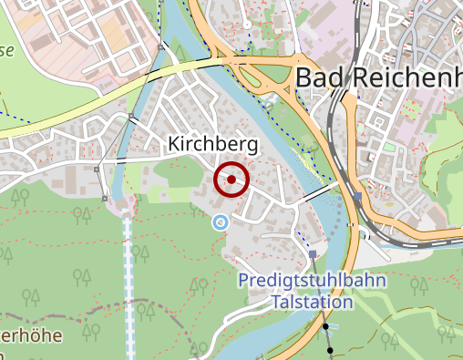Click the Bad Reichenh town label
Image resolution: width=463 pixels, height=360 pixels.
click(378, 78)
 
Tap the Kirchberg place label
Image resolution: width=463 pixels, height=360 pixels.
click(213, 145)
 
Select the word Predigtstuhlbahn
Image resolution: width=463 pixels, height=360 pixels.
click(313, 281)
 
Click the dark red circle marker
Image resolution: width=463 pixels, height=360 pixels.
click(231, 180)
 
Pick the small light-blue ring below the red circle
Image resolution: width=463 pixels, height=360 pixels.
click(219, 221)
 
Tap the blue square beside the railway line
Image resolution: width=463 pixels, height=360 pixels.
click(357, 196)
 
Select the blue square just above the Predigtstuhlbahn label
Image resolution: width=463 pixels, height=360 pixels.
click(313, 255)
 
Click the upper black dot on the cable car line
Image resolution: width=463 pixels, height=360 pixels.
click(324, 326)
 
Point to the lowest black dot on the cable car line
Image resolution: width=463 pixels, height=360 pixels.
click(330, 349)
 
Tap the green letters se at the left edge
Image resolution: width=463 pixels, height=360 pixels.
click(5, 51)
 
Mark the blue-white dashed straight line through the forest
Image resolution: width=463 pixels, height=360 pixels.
click(129, 273)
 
